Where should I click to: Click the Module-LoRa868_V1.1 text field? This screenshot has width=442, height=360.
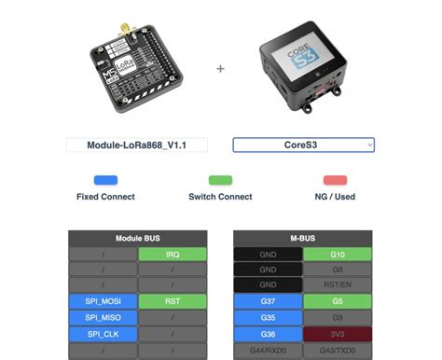[136, 145]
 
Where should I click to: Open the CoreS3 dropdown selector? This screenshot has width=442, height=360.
[303, 145]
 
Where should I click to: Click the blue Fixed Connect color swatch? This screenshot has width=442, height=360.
[105, 180]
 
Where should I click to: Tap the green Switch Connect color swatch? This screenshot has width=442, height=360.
[220, 180]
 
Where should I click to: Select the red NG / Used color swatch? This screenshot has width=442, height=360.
[335, 180]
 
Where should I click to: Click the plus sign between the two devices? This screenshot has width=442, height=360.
[221, 68]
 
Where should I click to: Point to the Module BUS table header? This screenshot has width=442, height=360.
[137, 239]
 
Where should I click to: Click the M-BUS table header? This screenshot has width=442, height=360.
[302, 239]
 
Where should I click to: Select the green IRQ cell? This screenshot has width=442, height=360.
[172, 254]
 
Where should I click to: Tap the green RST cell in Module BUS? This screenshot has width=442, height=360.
[172, 300]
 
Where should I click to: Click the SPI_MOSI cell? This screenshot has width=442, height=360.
[103, 300]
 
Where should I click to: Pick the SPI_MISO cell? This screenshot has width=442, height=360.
[103, 316]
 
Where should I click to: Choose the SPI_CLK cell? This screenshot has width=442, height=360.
[103, 332]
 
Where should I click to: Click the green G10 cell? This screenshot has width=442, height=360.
[338, 254]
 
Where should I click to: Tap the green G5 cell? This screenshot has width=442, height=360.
[338, 300]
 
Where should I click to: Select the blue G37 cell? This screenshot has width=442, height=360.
[268, 300]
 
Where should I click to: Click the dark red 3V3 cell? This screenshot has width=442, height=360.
[338, 332]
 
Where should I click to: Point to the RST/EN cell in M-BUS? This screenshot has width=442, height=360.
[338, 284]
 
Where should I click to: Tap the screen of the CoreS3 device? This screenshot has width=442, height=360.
[302, 53]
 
